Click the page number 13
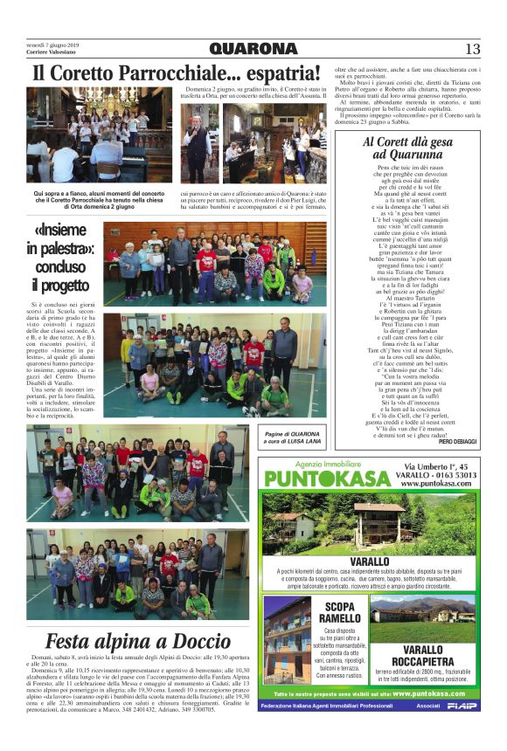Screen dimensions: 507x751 click(472, 49)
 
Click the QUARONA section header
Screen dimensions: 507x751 click(253, 49)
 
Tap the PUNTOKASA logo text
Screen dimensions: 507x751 click(328, 479)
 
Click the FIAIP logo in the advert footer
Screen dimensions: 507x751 click(462, 706)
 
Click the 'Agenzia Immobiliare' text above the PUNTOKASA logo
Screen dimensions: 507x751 click(328, 465)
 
